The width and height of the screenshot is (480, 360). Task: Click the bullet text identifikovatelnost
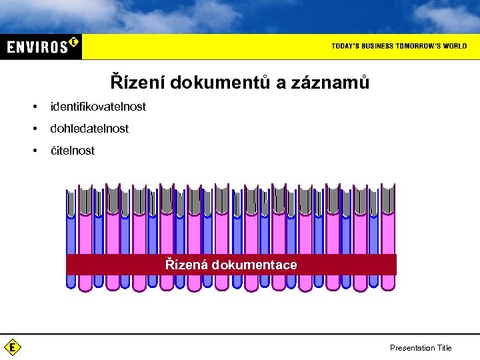coord(98,107)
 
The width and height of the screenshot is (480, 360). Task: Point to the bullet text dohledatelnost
coord(89,129)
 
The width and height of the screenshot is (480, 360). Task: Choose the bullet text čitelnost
coord(73,151)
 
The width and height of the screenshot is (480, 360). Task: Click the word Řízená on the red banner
coord(186,265)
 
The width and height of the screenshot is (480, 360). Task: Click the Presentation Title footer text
coord(421,348)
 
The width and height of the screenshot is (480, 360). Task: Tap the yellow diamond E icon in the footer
coord(12,347)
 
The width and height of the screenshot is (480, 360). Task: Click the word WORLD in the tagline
coord(455,46)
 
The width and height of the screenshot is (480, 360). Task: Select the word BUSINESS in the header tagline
coord(379,46)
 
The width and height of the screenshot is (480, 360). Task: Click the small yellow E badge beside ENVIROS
coord(73,42)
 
